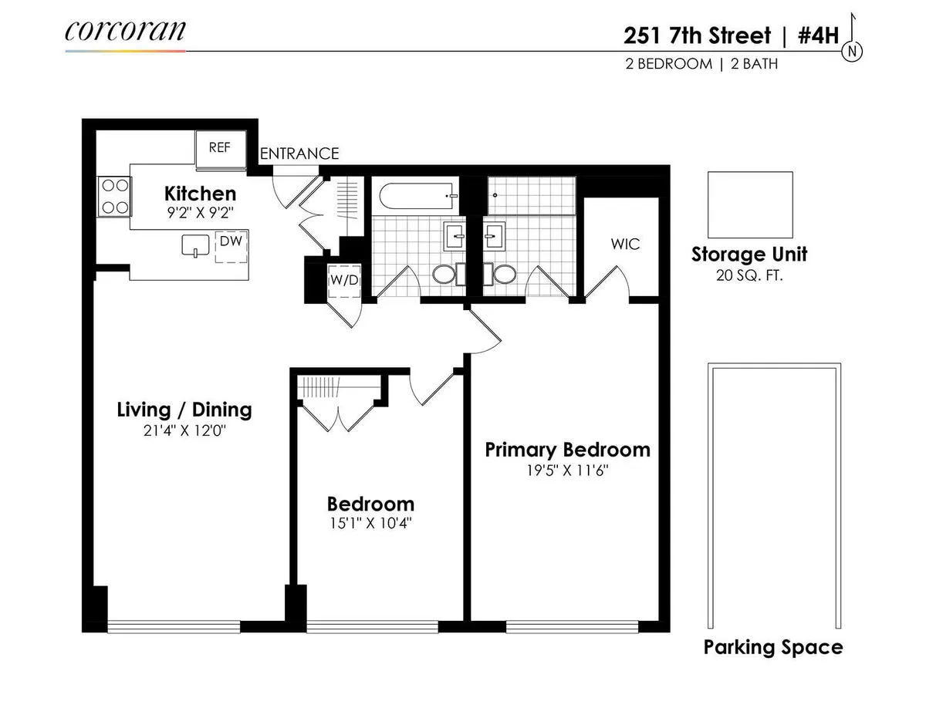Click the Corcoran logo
point(125,30)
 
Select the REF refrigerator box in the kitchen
point(220,147)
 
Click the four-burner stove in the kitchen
point(113,196)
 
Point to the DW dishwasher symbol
point(230,246)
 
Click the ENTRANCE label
point(299,153)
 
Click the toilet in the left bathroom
point(443,275)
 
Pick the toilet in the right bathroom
point(504,275)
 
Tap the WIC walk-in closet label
point(625,245)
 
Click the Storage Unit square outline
point(750,204)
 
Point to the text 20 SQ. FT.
point(749,274)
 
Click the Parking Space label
point(772,647)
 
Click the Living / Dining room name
point(184,410)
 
